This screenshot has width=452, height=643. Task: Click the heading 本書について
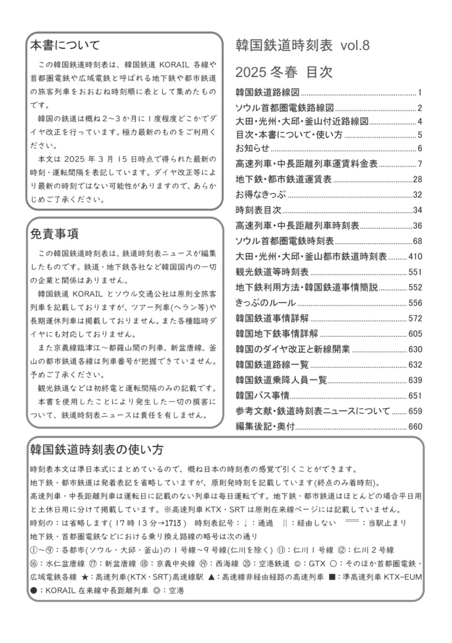point(65,45)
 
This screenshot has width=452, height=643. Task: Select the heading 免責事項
point(55,234)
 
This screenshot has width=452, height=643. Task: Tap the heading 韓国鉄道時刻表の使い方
point(97,450)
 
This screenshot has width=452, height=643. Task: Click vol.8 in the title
point(355,45)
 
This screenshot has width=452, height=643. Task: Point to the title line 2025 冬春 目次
point(283,71)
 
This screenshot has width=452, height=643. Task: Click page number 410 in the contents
point(416,256)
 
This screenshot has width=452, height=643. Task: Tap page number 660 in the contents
point(416,426)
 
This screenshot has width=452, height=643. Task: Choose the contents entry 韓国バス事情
point(262,396)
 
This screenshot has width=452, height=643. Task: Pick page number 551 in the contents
point(416,272)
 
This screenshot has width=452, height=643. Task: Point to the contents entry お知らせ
point(253,148)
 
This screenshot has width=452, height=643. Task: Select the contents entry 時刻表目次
point(258,210)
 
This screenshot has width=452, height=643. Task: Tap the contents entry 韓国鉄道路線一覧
point(272,364)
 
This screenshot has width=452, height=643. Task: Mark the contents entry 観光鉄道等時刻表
point(272,272)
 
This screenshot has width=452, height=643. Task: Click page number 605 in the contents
point(416,333)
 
